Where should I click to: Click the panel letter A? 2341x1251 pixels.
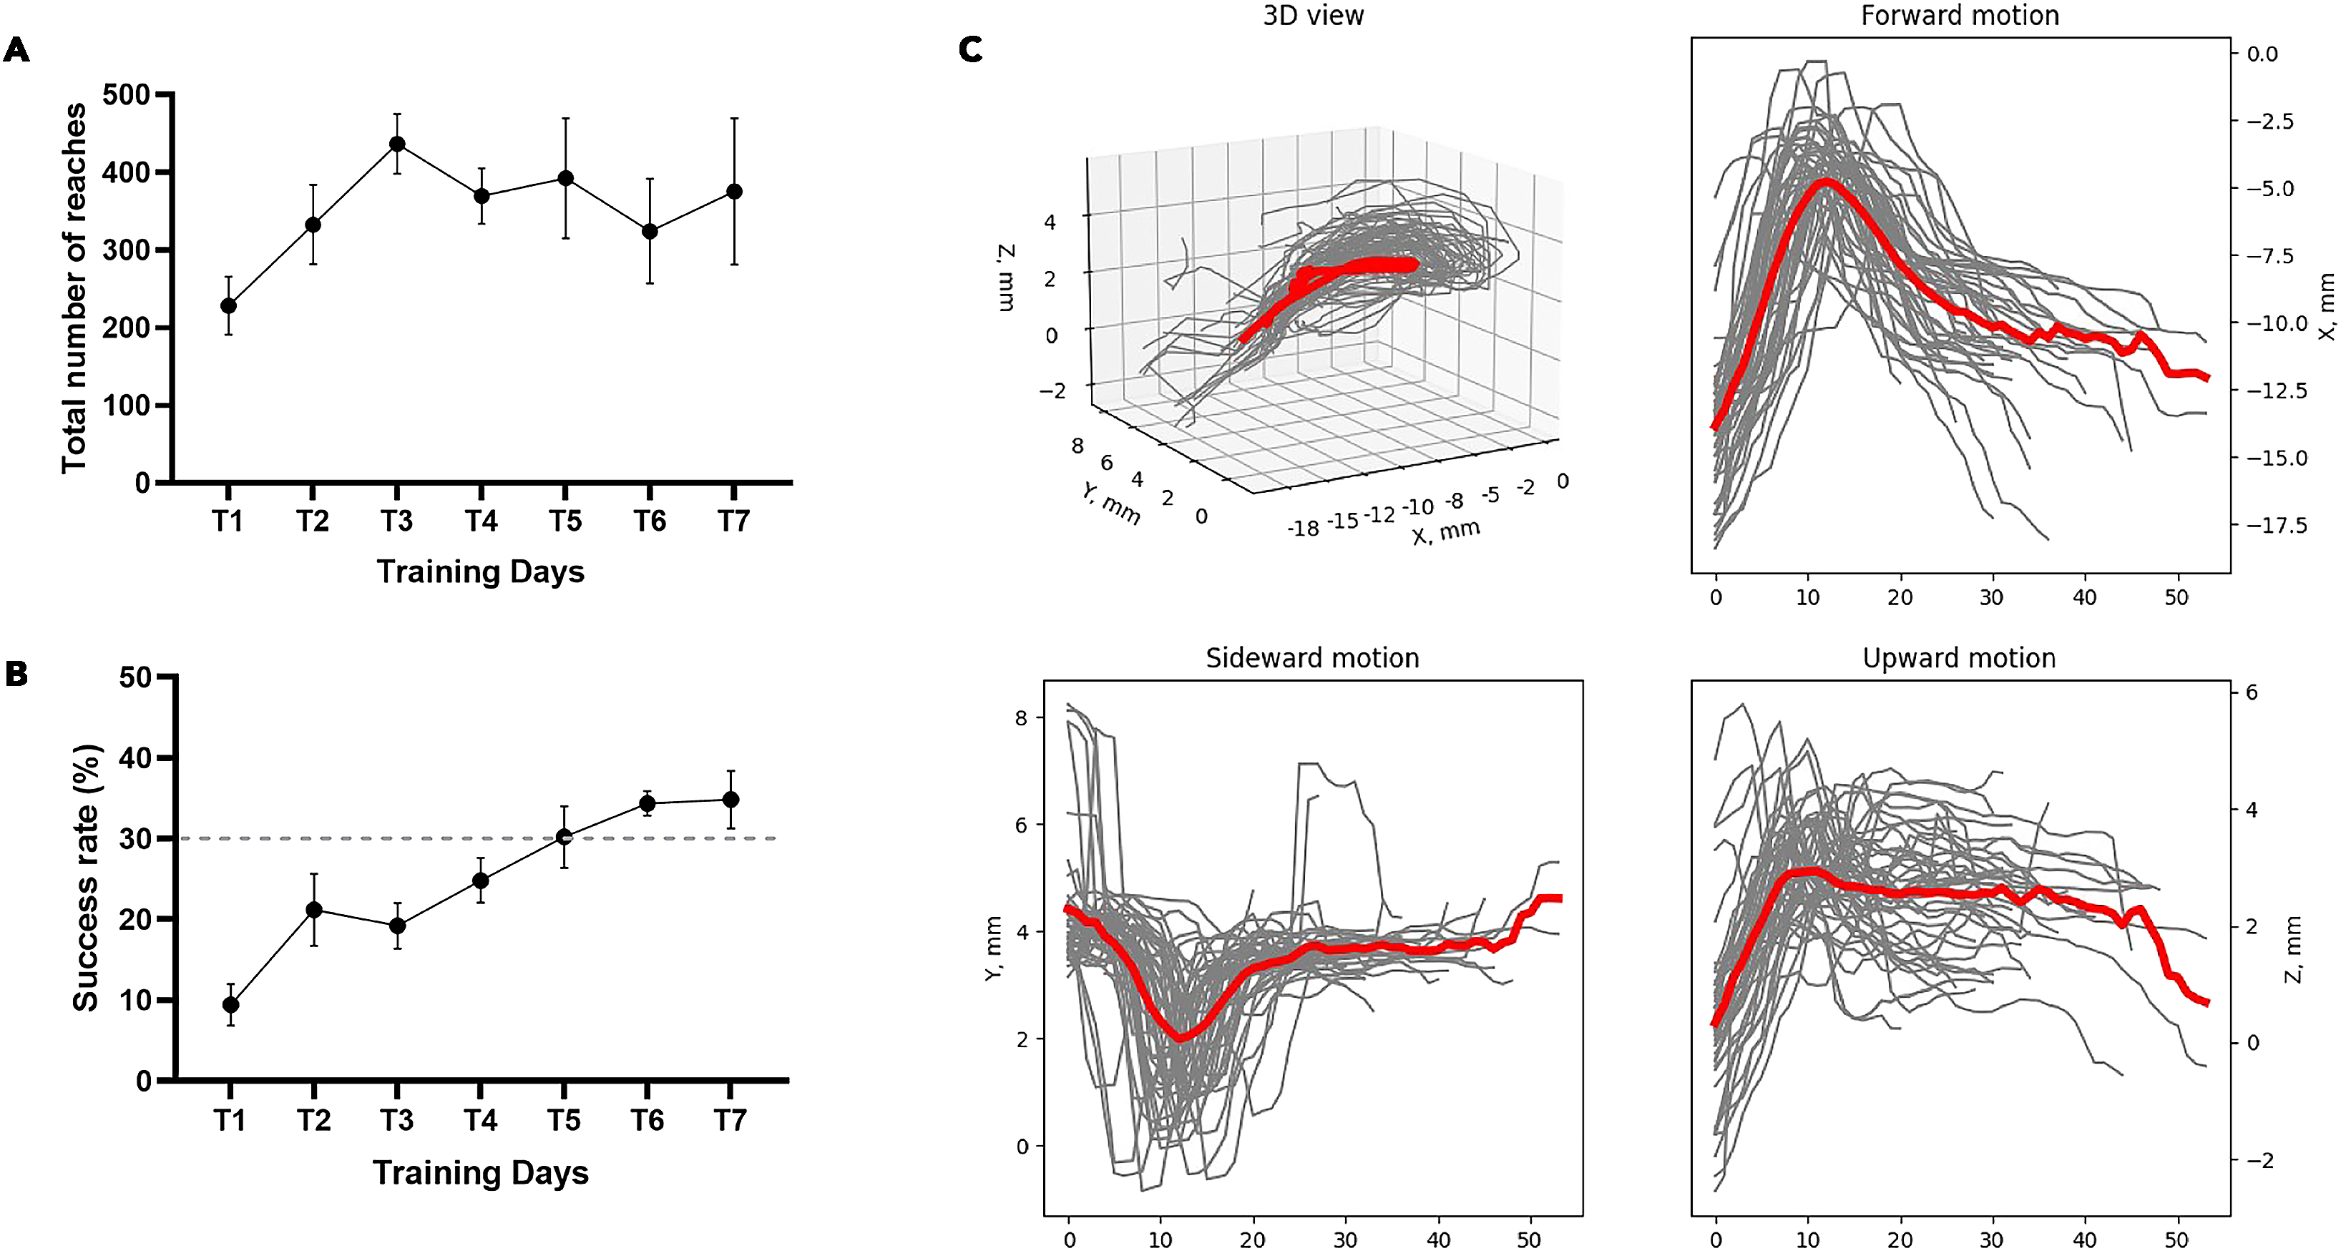tap(17, 50)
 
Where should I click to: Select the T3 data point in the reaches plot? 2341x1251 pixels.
tap(397, 144)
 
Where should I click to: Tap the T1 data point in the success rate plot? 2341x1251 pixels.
tap(231, 1004)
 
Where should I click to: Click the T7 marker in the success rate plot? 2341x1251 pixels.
tap(730, 800)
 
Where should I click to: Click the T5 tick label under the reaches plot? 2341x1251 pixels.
tap(565, 521)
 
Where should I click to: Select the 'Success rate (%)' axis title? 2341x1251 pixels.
tap(87, 878)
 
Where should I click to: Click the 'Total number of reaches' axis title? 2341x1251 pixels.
tap(74, 288)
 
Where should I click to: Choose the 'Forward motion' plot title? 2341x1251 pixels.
tap(1960, 16)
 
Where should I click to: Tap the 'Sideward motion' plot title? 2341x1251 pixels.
tap(1312, 658)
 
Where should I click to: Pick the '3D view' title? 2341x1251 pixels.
tap(1313, 16)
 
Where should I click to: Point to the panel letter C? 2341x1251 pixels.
tap(971, 49)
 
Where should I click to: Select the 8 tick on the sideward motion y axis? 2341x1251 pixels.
tap(1022, 717)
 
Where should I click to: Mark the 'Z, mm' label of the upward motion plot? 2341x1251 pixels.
tap(2294, 949)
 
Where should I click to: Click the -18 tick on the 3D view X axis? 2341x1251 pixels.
tap(1302, 528)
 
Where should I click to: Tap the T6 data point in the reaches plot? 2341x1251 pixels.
tap(650, 231)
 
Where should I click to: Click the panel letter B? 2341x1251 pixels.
tap(16, 673)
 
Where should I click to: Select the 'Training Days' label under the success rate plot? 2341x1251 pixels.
tap(481, 1173)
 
